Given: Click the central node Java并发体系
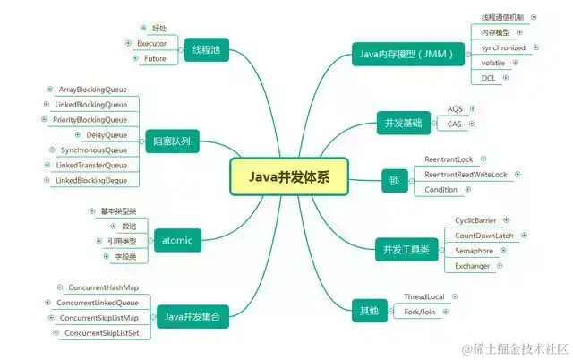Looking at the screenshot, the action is [x=288, y=176].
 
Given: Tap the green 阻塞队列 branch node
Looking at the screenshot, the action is [x=174, y=141].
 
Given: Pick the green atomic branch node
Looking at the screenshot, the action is [x=178, y=239].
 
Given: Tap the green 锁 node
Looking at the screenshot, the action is [x=394, y=179].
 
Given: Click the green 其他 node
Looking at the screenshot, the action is [x=369, y=312].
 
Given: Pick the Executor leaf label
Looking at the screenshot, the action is [x=151, y=43].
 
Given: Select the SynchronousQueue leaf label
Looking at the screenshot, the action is [x=93, y=150].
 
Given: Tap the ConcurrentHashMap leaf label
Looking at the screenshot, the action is [x=102, y=287].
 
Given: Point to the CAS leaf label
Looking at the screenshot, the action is [x=455, y=124].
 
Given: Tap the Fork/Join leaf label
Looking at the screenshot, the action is [x=418, y=312].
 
